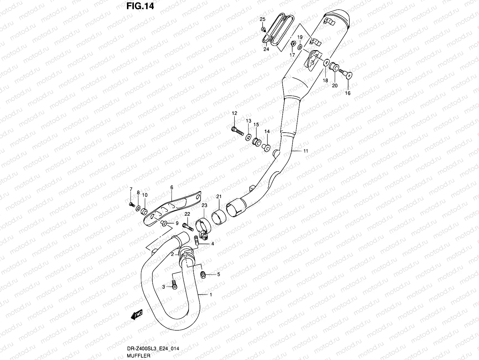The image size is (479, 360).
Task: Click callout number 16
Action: coord(348,93)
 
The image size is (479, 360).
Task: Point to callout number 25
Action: coord(262,19)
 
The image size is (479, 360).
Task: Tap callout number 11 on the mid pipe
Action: coord(305,151)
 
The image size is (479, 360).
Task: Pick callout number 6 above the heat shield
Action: coord(172,187)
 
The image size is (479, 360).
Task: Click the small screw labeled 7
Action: coord(131,204)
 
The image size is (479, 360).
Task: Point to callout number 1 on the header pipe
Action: coord(211,295)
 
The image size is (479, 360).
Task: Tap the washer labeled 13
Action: coord(248,137)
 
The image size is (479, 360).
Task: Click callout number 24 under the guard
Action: coord(266,49)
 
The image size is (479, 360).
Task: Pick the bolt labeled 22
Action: coord(187,227)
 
